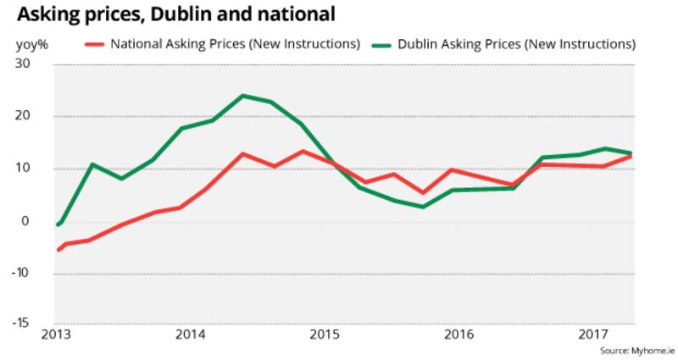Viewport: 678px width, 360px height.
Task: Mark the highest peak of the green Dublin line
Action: coord(243,96)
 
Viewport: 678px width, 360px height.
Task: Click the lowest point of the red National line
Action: coord(58,250)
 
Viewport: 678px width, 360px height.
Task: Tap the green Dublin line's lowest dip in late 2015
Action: coord(423,207)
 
